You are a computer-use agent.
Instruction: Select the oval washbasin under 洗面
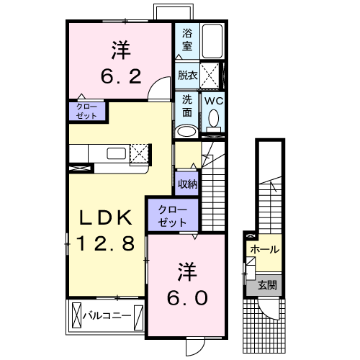coord(186,131)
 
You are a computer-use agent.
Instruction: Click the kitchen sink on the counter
coord(115,153)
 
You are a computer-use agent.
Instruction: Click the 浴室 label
coord(187,39)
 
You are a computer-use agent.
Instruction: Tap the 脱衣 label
coord(186,75)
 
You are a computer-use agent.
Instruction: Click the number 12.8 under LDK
coord(106,244)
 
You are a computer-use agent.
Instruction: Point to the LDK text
coord(106,217)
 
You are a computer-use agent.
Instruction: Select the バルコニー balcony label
coord(106,315)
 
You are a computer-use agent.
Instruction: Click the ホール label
coord(265,249)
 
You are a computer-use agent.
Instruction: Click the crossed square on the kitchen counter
coord(140,153)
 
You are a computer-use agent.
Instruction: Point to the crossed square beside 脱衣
coord(210,75)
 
